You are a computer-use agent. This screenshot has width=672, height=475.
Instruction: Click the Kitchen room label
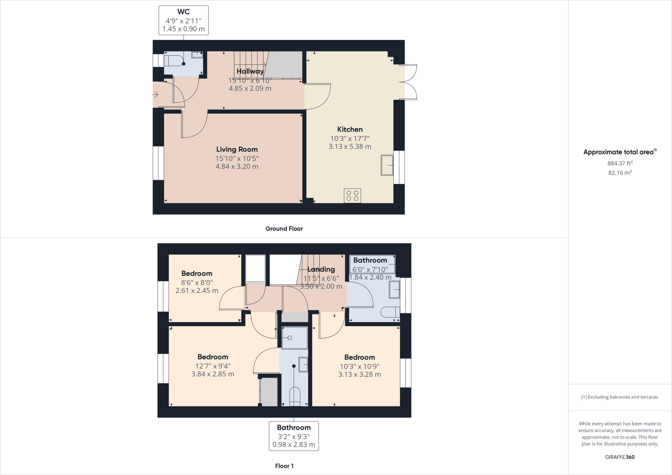pos(350,129)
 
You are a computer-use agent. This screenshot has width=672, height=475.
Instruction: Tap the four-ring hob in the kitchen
pos(352,196)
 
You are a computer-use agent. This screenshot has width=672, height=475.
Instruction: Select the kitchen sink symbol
pos(387,165)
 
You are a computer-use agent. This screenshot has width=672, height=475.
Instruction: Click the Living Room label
pos(237,149)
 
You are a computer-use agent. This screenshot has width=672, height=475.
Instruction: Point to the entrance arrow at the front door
pos(155,95)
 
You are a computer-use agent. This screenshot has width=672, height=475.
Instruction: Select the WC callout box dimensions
pos(183,25)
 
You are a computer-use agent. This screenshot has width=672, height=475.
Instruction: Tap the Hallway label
pos(250,71)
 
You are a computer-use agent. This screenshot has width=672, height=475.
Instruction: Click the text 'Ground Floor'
pos(284,229)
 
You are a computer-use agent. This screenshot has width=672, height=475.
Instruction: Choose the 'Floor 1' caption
pos(284,466)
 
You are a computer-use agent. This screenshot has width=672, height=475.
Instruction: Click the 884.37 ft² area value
pos(620,163)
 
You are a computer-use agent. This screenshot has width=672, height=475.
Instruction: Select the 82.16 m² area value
pos(620,173)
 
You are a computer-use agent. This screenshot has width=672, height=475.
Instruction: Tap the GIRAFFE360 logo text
pos(619,457)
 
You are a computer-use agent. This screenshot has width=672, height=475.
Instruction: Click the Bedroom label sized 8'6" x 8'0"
pos(197,273)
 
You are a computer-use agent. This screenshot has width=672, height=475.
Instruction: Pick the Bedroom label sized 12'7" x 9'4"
pos(213,357)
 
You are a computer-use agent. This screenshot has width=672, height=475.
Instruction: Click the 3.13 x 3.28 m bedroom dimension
pos(360,374)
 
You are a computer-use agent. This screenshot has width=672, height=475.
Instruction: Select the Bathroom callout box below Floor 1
pos(294,436)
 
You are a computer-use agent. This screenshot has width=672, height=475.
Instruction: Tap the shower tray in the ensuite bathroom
pos(295,338)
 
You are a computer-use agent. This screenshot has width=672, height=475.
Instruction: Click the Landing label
pos(321,269)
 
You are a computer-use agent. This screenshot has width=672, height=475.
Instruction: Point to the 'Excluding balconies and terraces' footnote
pos(619,397)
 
